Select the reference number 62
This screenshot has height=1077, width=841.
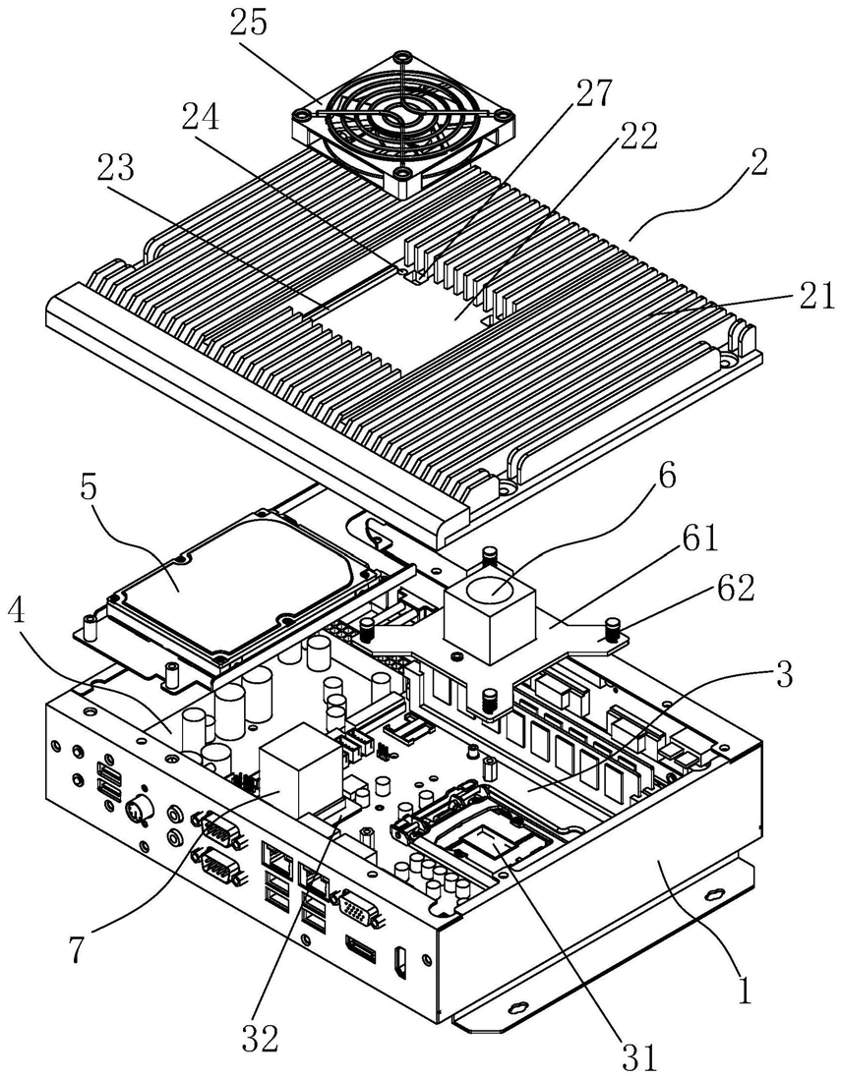tap(735, 589)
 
